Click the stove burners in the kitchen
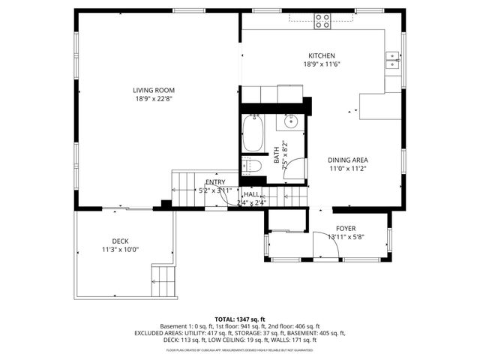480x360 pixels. coord(322,21)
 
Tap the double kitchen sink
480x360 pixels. coord(392,59)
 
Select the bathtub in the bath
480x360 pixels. coord(253,133)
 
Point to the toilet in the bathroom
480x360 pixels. coord(252,166)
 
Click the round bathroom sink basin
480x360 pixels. coord(291,121)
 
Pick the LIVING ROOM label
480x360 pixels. coord(148,90)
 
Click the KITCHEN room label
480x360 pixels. coord(322,55)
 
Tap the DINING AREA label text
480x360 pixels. coord(347,160)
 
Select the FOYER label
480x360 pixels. coord(345,228)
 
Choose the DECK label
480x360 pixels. coord(121,241)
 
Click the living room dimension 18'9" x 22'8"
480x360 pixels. coord(148,99)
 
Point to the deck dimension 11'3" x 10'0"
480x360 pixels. coord(121,250)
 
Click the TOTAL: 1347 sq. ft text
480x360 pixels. coord(240,319)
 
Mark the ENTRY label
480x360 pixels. coord(215,182)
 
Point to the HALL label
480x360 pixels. coord(251,194)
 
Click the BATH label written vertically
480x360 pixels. coord(276,157)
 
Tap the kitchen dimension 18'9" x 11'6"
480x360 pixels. coord(322,64)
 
